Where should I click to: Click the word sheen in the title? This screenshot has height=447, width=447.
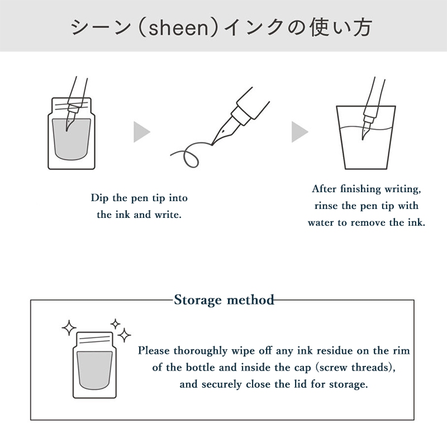click(178, 28)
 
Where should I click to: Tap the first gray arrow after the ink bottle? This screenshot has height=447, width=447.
click(142, 132)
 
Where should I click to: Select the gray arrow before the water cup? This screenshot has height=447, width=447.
click(299, 132)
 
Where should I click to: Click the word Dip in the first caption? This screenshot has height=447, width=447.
click(99, 198)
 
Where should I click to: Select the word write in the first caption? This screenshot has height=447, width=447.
click(168, 215)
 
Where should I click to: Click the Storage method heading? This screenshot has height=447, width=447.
click(224, 300)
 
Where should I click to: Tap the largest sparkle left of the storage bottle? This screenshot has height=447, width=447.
click(69, 328)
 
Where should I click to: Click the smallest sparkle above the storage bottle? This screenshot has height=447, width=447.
click(115, 324)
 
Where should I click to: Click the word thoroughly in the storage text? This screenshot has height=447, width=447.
click(200, 351)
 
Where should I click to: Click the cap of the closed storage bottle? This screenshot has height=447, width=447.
click(94, 339)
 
